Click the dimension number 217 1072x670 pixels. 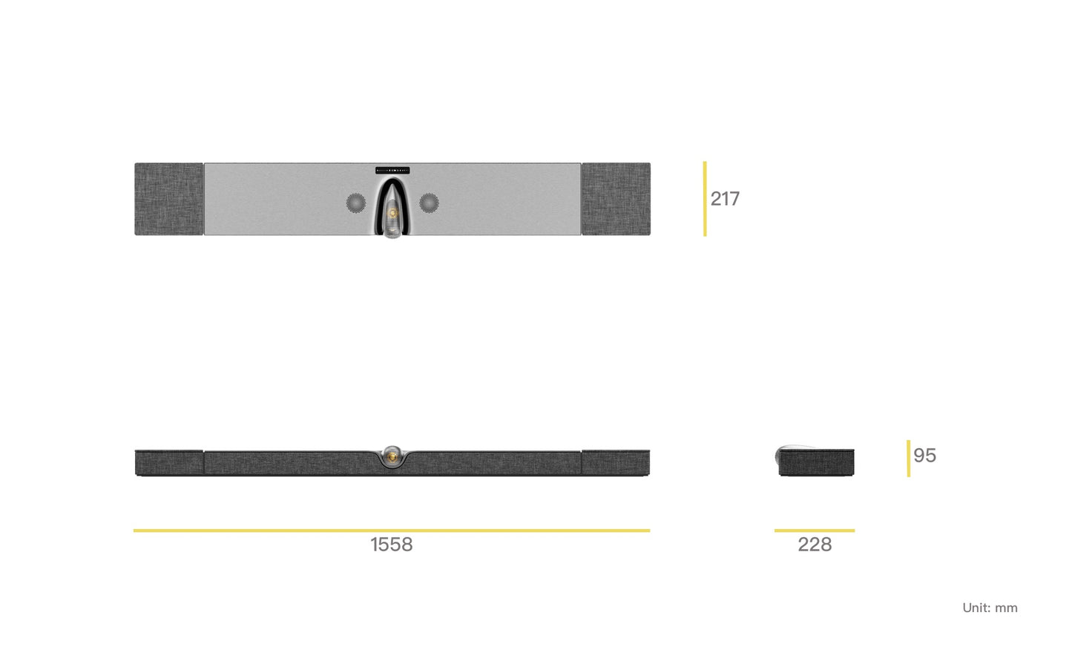tap(725, 199)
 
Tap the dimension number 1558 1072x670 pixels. tap(392, 545)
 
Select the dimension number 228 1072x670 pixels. tap(815, 545)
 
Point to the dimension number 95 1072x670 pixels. tap(924, 456)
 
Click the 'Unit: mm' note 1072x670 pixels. tap(990, 608)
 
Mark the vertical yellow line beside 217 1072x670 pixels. tap(705, 199)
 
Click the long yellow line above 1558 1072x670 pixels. tap(392, 531)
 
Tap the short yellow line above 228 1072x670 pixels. tap(815, 531)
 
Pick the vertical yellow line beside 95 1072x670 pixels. tap(908, 459)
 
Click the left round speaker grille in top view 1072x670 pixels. tap(356, 203)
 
